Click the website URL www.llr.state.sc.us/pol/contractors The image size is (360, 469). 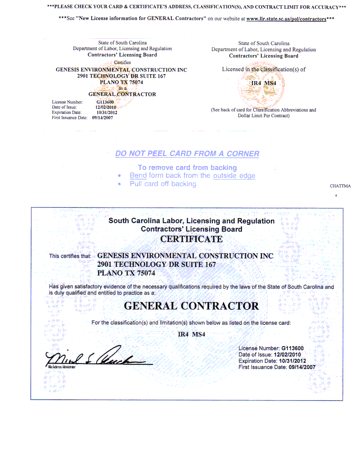pyautogui.click(x=286, y=19)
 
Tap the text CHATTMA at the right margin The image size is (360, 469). pyautogui.click(x=340, y=186)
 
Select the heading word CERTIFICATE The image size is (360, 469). pyautogui.click(x=191, y=239)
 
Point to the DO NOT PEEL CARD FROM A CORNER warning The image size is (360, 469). pyautogui.click(x=187, y=154)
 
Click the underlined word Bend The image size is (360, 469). pyautogui.click(x=138, y=176)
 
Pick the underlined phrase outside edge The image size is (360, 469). pyautogui.click(x=234, y=176)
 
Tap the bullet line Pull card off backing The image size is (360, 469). pyautogui.click(x=163, y=184)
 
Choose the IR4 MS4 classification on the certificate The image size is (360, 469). pyautogui.click(x=191, y=335)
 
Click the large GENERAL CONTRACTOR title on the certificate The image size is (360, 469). pyautogui.click(x=191, y=306)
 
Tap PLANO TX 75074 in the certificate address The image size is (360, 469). pyautogui.click(x=126, y=273)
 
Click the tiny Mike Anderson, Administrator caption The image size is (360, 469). pyautogui.click(x=61, y=368)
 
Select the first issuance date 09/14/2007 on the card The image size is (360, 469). pyautogui.click(x=102, y=118)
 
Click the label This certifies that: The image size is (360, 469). pyautogui.click(x=70, y=256)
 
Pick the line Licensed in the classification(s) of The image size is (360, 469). pyautogui.click(x=264, y=69)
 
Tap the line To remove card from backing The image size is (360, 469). pyautogui.click(x=187, y=168)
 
